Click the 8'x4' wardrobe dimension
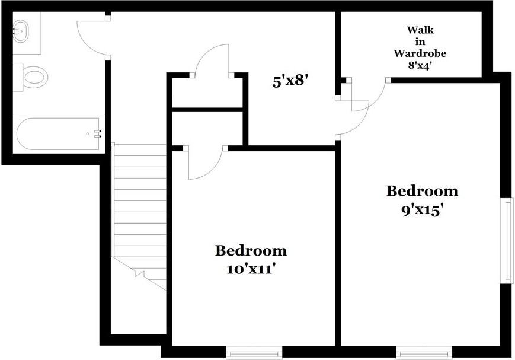pyautogui.click(x=420, y=65)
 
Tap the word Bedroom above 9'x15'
pyautogui.click(x=422, y=191)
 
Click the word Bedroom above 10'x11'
pyautogui.click(x=251, y=250)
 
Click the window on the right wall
pyautogui.click(x=508, y=241)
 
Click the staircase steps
pyautogui.click(x=139, y=202)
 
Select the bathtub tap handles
pyautogui.click(x=98, y=133)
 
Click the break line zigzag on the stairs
pyautogui.click(x=141, y=273)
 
